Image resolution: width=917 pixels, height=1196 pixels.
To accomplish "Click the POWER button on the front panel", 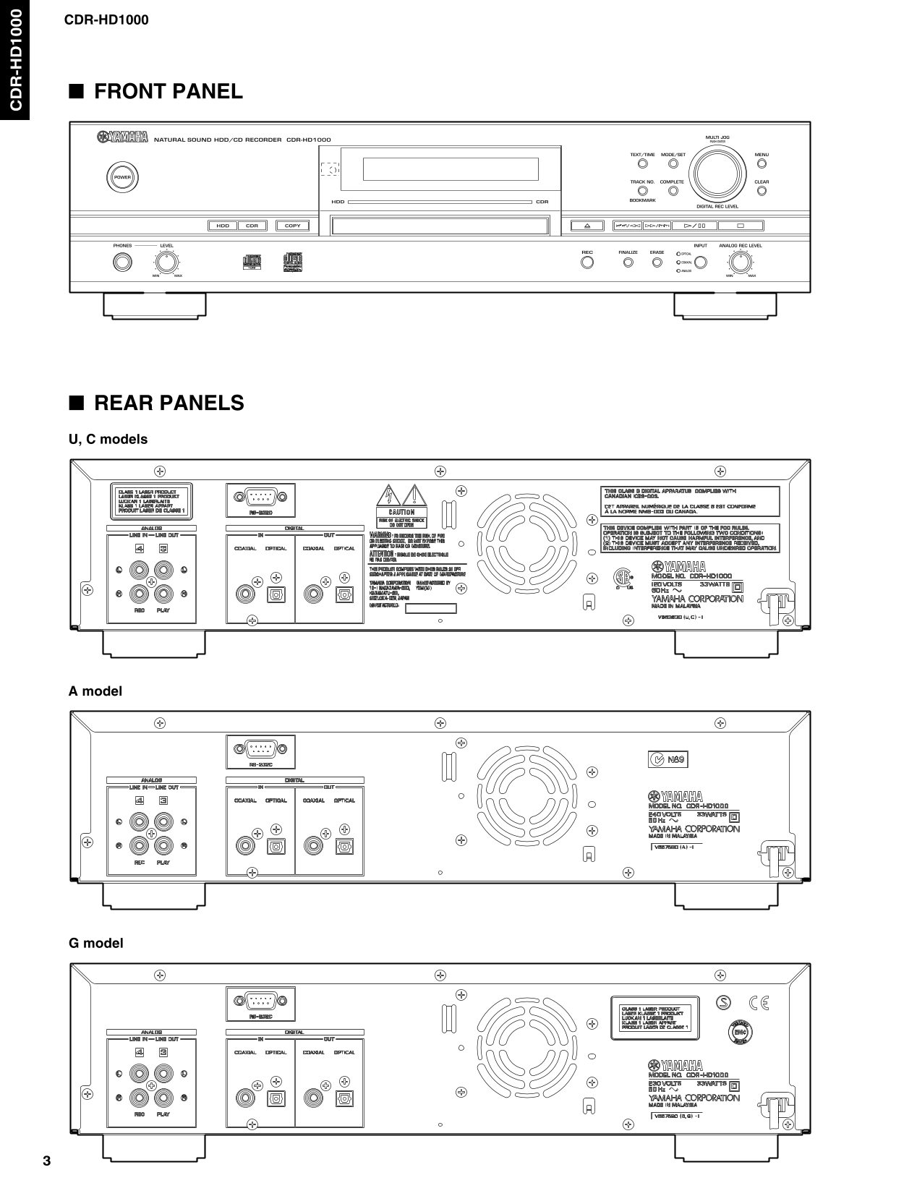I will point(122,177).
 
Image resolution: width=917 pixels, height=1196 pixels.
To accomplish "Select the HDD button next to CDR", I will point(223,226).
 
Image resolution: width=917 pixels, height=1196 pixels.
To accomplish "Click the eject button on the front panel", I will point(587,226).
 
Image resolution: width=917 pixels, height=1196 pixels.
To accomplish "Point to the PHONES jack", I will point(122,262).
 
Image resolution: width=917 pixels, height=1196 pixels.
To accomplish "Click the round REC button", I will point(587,262).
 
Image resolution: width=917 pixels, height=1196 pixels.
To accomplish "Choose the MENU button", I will point(762,164).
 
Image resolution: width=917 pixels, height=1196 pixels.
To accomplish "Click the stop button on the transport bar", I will point(741,226).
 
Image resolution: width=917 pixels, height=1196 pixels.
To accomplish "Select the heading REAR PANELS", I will point(169,403).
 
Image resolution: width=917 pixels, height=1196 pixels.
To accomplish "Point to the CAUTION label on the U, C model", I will point(401,512).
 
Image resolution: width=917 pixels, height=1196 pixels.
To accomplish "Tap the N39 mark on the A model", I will point(667,759).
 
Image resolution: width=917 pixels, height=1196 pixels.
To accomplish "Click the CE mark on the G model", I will point(759,1002).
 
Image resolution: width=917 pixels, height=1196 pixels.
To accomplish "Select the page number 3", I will point(47,1162).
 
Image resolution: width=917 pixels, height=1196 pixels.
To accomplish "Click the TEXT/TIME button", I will point(642,164).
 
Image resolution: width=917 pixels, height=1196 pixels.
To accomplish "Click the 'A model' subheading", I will point(95,691).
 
